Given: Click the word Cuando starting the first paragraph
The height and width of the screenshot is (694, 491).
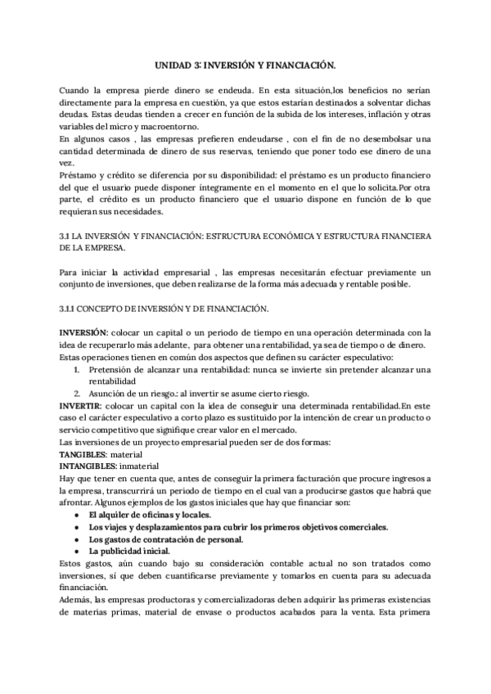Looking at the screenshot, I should click(x=77, y=88).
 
